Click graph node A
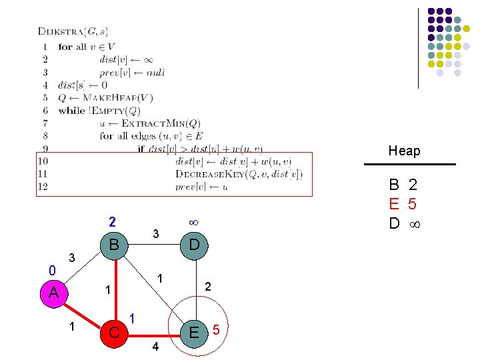(x=53, y=293)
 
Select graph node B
(x=113, y=245)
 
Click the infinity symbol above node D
(x=193, y=221)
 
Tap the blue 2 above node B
(x=113, y=221)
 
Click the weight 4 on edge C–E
(x=155, y=347)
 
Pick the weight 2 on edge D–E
(x=208, y=286)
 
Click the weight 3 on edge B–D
(x=155, y=234)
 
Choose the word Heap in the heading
(x=405, y=151)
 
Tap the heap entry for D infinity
(x=404, y=223)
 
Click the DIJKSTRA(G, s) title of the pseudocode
(x=73, y=31)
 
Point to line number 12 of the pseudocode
(x=43, y=187)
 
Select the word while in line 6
(x=71, y=111)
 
